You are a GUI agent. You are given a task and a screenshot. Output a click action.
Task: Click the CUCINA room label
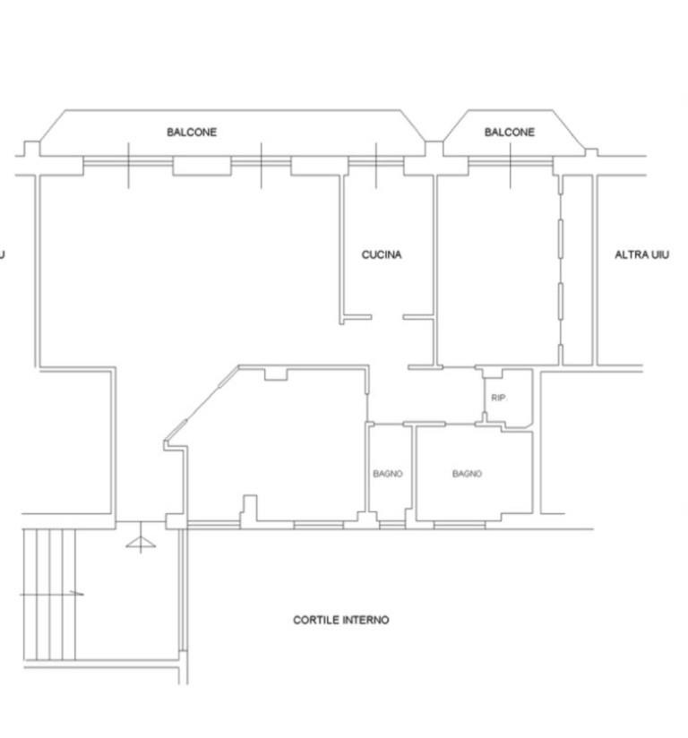point(382,254)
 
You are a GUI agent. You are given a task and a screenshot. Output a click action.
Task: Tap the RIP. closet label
point(498,398)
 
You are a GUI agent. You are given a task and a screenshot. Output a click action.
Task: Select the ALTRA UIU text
point(641,254)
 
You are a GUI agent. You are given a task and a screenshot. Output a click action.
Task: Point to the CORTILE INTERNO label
point(341,620)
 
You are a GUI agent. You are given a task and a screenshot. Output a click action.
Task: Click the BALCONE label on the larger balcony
point(192,132)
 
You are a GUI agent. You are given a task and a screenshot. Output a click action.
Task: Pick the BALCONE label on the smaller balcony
point(510,132)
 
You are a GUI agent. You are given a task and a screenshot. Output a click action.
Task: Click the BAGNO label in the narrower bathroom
point(388,474)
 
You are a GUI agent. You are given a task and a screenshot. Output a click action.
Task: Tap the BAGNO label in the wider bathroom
point(467,474)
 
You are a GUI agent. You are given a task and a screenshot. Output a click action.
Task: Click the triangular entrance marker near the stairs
point(141,543)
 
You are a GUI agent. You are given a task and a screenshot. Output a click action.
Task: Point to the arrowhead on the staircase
point(78,594)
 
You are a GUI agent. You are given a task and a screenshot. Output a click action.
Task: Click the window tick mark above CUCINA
point(375,166)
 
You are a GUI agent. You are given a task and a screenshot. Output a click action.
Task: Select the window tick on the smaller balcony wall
point(510,166)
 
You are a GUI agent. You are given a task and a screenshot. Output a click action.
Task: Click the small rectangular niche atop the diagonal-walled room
point(276,374)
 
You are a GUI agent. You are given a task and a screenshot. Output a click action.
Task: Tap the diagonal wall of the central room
point(202,404)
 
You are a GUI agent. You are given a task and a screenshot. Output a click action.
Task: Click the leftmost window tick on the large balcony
point(129,166)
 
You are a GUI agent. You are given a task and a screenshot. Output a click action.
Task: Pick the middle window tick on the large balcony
point(262,166)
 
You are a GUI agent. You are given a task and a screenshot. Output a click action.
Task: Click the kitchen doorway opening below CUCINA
point(387,317)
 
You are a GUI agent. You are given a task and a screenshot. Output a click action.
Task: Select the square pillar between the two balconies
point(434,149)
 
